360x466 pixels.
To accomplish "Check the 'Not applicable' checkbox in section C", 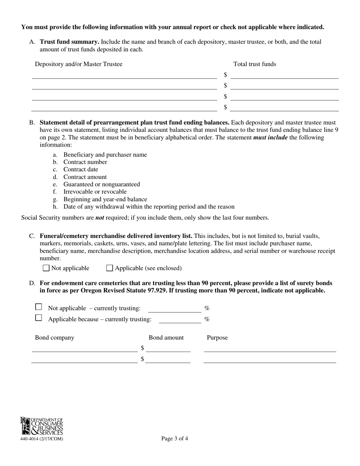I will coord(46,268).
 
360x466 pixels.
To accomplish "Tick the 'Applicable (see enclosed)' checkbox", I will coord(110,268).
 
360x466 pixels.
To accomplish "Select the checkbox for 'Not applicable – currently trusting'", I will coord(38,307).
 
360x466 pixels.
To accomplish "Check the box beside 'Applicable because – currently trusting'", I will coord(38,318).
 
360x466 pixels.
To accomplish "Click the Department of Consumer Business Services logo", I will coord(42,426).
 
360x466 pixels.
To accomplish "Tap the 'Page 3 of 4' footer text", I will coord(174,439).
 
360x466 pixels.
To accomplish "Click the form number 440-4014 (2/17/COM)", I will coord(42,439).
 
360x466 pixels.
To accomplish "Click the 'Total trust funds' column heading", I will coord(255,64).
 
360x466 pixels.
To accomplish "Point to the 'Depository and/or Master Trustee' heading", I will coord(78,64).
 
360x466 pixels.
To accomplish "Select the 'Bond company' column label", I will coord(55,338).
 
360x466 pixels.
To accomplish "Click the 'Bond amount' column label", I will coord(166,338).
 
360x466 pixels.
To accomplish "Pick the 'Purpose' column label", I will coord(217,338).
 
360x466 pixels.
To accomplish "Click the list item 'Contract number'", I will coord(85,162).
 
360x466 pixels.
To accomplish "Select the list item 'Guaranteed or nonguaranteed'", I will coord(102,185).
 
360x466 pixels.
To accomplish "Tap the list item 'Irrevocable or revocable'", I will coord(95,192).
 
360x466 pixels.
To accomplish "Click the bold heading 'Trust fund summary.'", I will coord(69,42).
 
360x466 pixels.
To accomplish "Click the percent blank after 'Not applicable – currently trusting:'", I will coord(174,309).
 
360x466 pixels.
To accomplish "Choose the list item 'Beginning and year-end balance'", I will coord(105,199).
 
